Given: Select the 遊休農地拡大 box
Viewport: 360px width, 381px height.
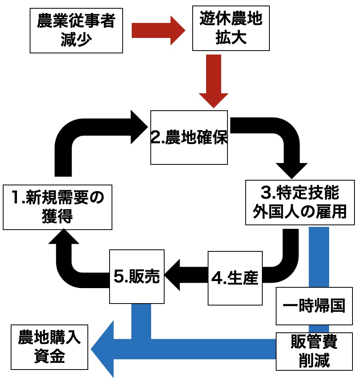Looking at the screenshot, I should [x=231, y=28].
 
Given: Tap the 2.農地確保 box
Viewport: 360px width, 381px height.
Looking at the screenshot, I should [x=189, y=137].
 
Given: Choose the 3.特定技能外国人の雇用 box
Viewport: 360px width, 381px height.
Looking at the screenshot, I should [x=299, y=202].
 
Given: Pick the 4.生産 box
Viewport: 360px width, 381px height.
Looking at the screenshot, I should [x=235, y=278].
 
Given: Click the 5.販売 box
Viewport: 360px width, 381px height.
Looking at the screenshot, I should [x=136, y=277].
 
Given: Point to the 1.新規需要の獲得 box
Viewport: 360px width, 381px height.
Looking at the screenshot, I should [x=57, y=206].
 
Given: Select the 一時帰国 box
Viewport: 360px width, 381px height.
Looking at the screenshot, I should [x=314, y=306].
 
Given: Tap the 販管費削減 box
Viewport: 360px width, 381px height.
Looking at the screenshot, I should [x=314, y=351].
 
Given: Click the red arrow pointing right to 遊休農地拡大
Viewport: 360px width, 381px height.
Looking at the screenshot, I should [x=158, y=30].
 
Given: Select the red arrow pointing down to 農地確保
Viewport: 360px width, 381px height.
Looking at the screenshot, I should [x=214, y=81].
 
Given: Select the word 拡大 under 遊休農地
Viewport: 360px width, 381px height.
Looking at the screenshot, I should [x=231, y=38].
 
